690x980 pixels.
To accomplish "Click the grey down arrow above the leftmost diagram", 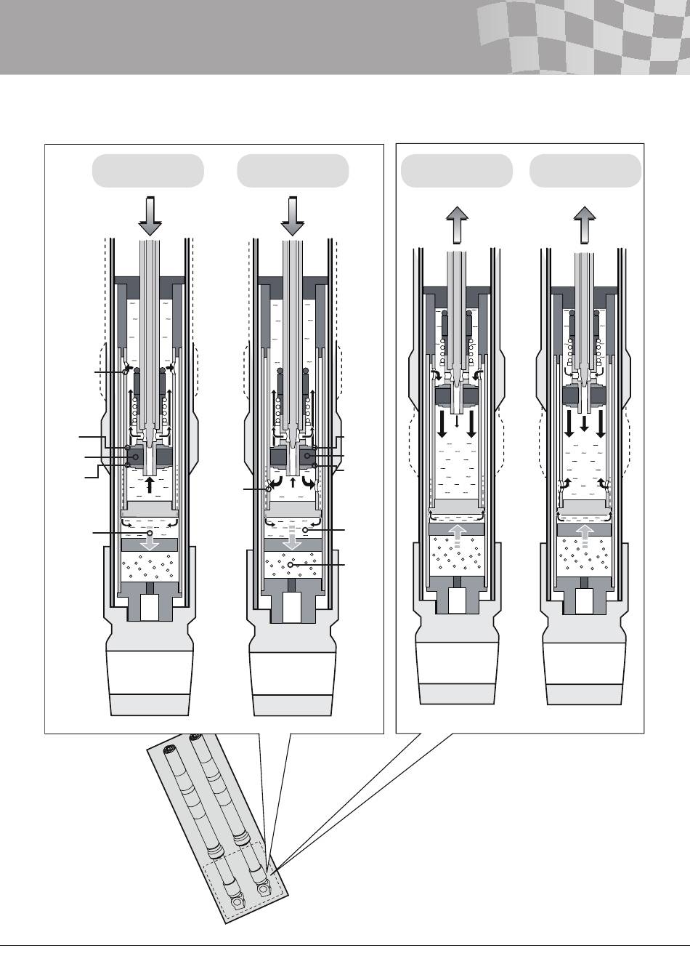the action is (x=149, y=216).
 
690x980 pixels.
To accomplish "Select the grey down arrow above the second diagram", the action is (x=292, y=216).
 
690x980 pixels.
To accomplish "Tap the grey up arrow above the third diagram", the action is (x=458, y=225).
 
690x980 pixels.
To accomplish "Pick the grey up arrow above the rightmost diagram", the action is (x=585, y=225).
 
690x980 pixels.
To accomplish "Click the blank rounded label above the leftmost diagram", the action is (x=148, y=171).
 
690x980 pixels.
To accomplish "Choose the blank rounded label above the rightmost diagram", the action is (x=585, y=171).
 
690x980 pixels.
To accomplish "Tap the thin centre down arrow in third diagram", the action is (x=456, y=422).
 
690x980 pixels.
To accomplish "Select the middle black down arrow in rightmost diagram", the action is (x=584, y=423).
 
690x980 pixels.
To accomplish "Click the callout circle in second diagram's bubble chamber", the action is (x=290, y=564).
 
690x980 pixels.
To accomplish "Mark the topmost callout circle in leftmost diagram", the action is (x=126, y=371).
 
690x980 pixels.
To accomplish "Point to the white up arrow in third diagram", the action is (x=457, y=539).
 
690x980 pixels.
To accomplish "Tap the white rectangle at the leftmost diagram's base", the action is (x=150, y=607).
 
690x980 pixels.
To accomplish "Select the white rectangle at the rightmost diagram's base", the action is (x=585, y=601).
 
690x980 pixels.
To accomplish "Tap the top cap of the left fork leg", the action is (x=171, y=748).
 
